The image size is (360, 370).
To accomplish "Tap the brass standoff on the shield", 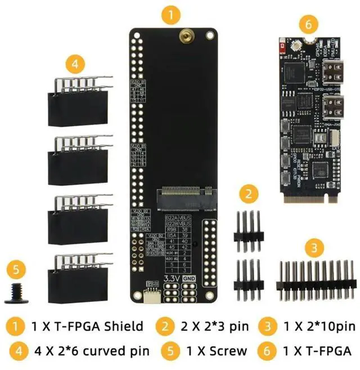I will tap(184, 37).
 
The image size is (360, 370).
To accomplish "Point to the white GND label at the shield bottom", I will tap(190, 278).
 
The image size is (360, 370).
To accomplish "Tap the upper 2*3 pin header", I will tap(249, 228).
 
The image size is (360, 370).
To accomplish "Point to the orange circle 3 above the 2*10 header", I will tap(316, 247).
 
